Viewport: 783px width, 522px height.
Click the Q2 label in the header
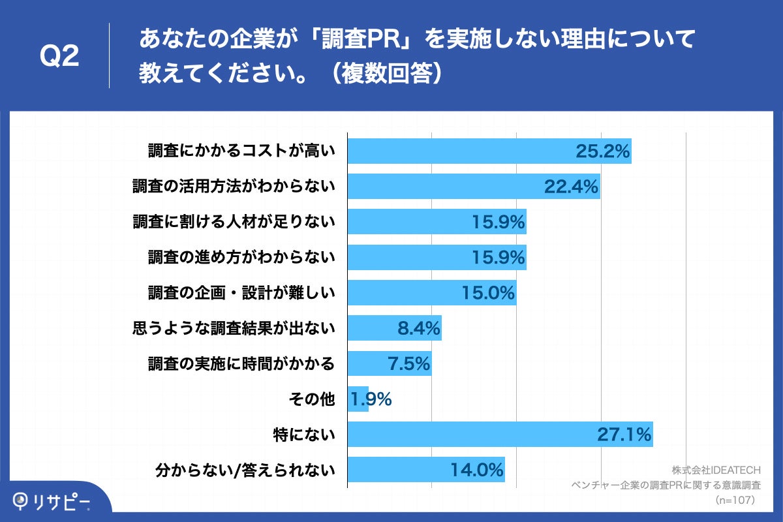tap(59, 57)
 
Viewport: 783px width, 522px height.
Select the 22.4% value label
tap(571, 187)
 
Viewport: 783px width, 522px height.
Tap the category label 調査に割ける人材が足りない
tap(234, 222)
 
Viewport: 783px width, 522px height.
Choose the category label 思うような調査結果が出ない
tap(234, 328)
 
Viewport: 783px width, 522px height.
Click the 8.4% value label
tap(419, 328)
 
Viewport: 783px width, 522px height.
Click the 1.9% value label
tap(371, 399)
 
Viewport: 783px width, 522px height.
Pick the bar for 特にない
tap(470, 434)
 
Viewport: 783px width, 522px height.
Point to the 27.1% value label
tap(624, 434)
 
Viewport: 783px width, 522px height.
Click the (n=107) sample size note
tap(735, 500)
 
